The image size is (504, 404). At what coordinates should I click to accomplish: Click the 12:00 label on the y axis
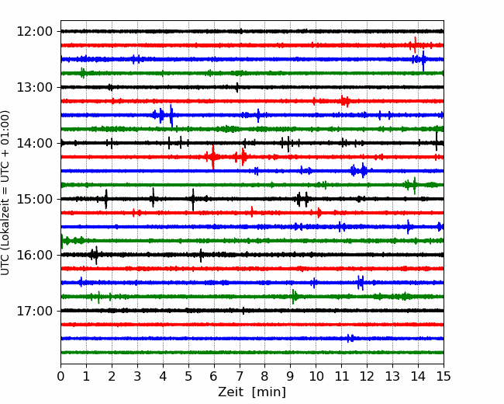34,32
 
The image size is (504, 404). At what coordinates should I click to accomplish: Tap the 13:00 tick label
34,87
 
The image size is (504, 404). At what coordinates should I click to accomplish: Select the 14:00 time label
34,143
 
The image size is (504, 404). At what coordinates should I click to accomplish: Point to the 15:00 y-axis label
34,199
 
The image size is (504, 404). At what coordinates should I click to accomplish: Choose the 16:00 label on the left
34,255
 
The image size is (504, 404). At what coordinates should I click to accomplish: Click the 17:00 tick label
34,311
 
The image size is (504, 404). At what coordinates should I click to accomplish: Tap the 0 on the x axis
60,376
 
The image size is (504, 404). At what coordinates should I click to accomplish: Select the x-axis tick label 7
239,376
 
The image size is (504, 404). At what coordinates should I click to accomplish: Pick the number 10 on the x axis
316,376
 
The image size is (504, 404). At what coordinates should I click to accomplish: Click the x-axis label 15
444,376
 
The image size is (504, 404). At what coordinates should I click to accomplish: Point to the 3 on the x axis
137,376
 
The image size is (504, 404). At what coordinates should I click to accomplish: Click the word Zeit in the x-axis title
230,392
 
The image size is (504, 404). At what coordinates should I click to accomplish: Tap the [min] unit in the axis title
269,392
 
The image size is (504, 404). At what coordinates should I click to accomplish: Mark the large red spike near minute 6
212,157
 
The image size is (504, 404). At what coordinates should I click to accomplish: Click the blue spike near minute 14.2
423,61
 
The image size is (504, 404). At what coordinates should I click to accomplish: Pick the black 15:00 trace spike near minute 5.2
193,200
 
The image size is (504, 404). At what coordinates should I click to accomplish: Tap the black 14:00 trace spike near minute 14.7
437,141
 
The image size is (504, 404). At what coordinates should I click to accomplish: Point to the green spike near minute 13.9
414,186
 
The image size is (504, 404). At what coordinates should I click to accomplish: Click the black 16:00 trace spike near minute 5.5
201,256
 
